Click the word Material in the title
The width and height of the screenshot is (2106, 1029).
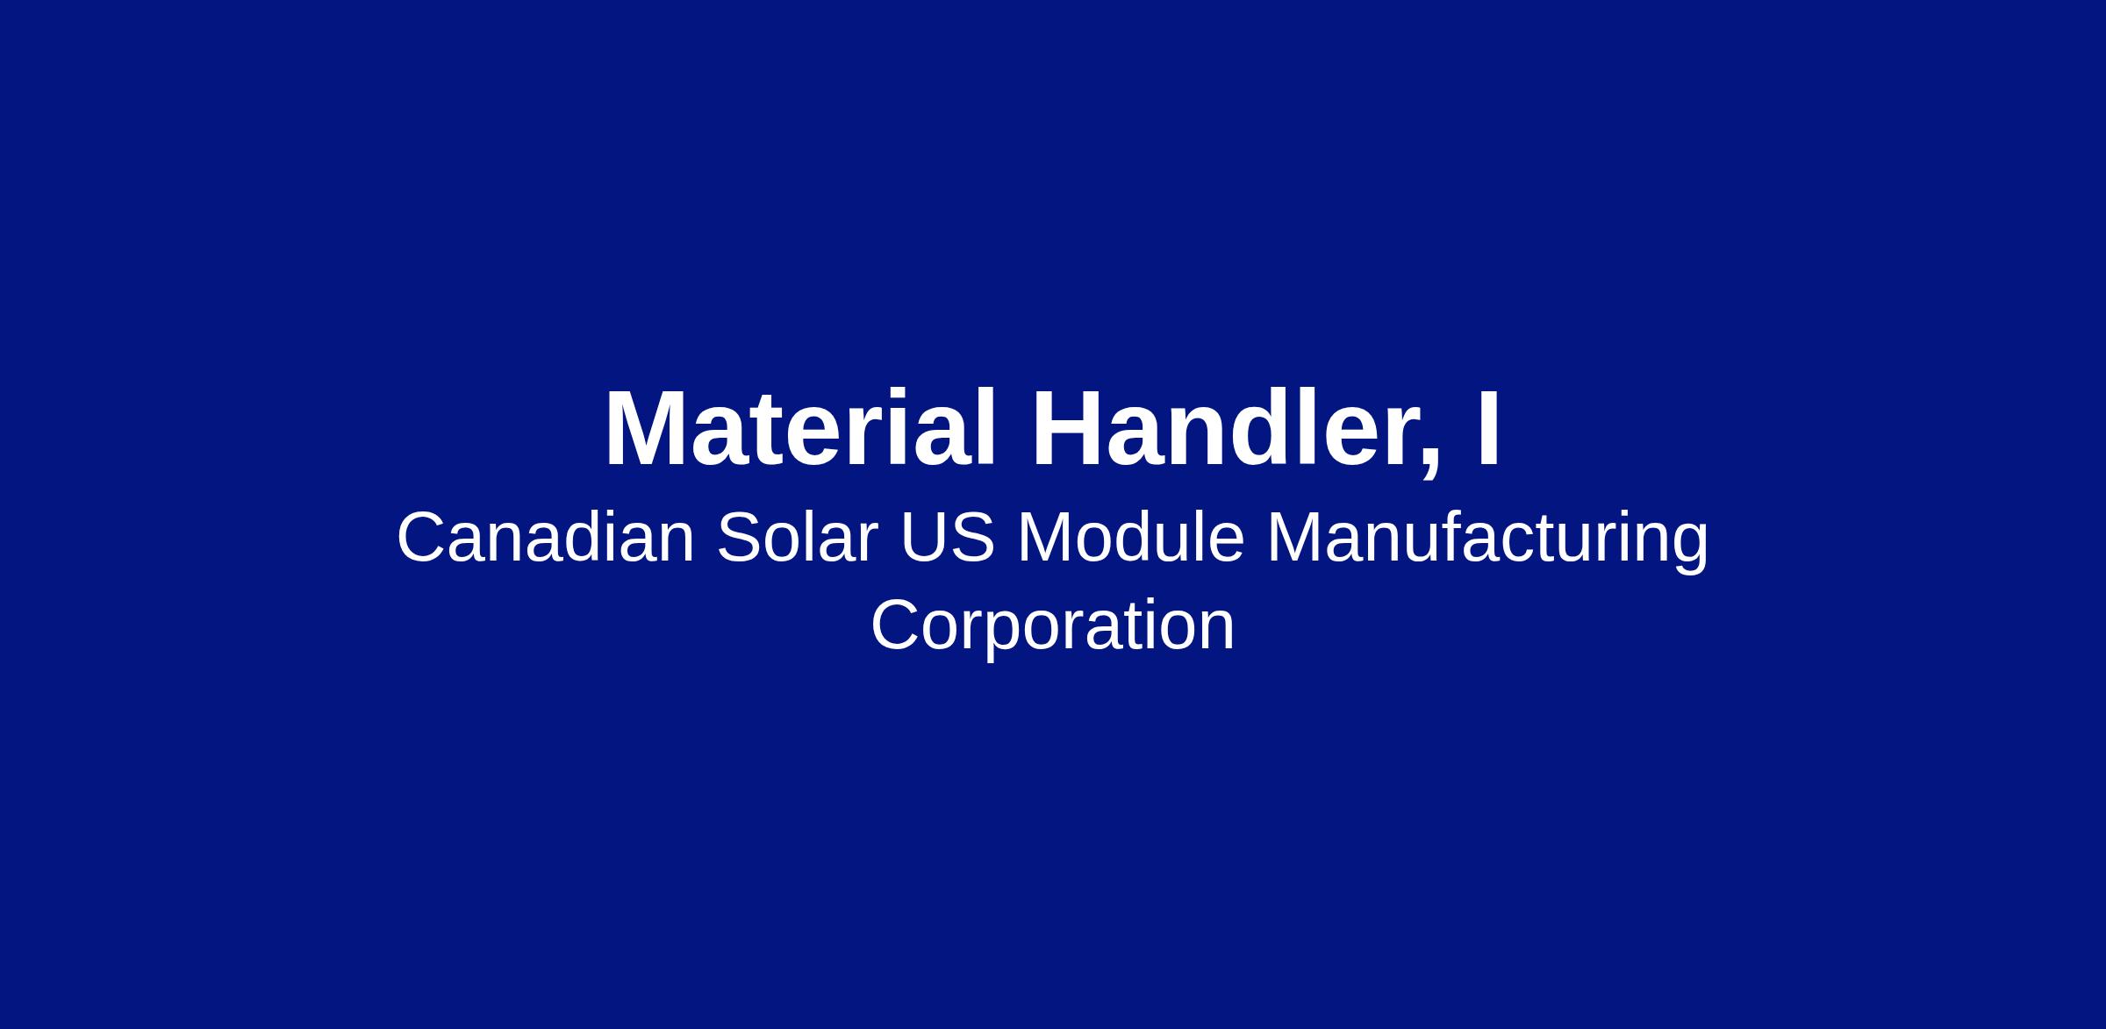tap(800, 429)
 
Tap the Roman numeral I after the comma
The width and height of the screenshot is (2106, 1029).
tap(1488, 429)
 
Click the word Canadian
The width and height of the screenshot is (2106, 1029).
tap(546, 538)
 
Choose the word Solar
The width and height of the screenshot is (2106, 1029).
tap(798, 538)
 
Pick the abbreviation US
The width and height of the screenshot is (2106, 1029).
tap(948, 538)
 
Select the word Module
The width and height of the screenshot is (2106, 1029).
tap(1131, 538)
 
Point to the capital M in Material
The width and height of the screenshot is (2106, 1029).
tap(647, 429)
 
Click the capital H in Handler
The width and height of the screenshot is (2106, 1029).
tap(1068, 429)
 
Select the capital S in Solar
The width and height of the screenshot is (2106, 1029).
tap(739, 538)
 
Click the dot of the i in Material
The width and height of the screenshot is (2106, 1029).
tap(909, 396)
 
